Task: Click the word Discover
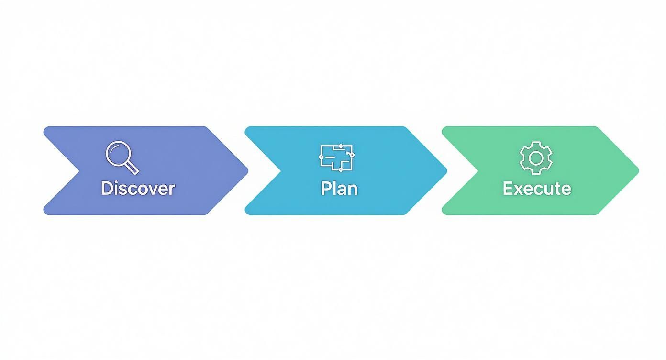138,188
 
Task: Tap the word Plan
339,188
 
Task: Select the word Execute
537,188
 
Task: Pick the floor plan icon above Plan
337,157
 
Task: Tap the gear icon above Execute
536,157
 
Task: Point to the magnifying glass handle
133,168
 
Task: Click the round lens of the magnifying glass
118,153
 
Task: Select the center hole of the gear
536,157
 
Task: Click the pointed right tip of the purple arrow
247,170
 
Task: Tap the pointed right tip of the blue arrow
446,170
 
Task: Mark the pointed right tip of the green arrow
638,170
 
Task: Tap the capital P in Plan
326,188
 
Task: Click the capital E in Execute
508,188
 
